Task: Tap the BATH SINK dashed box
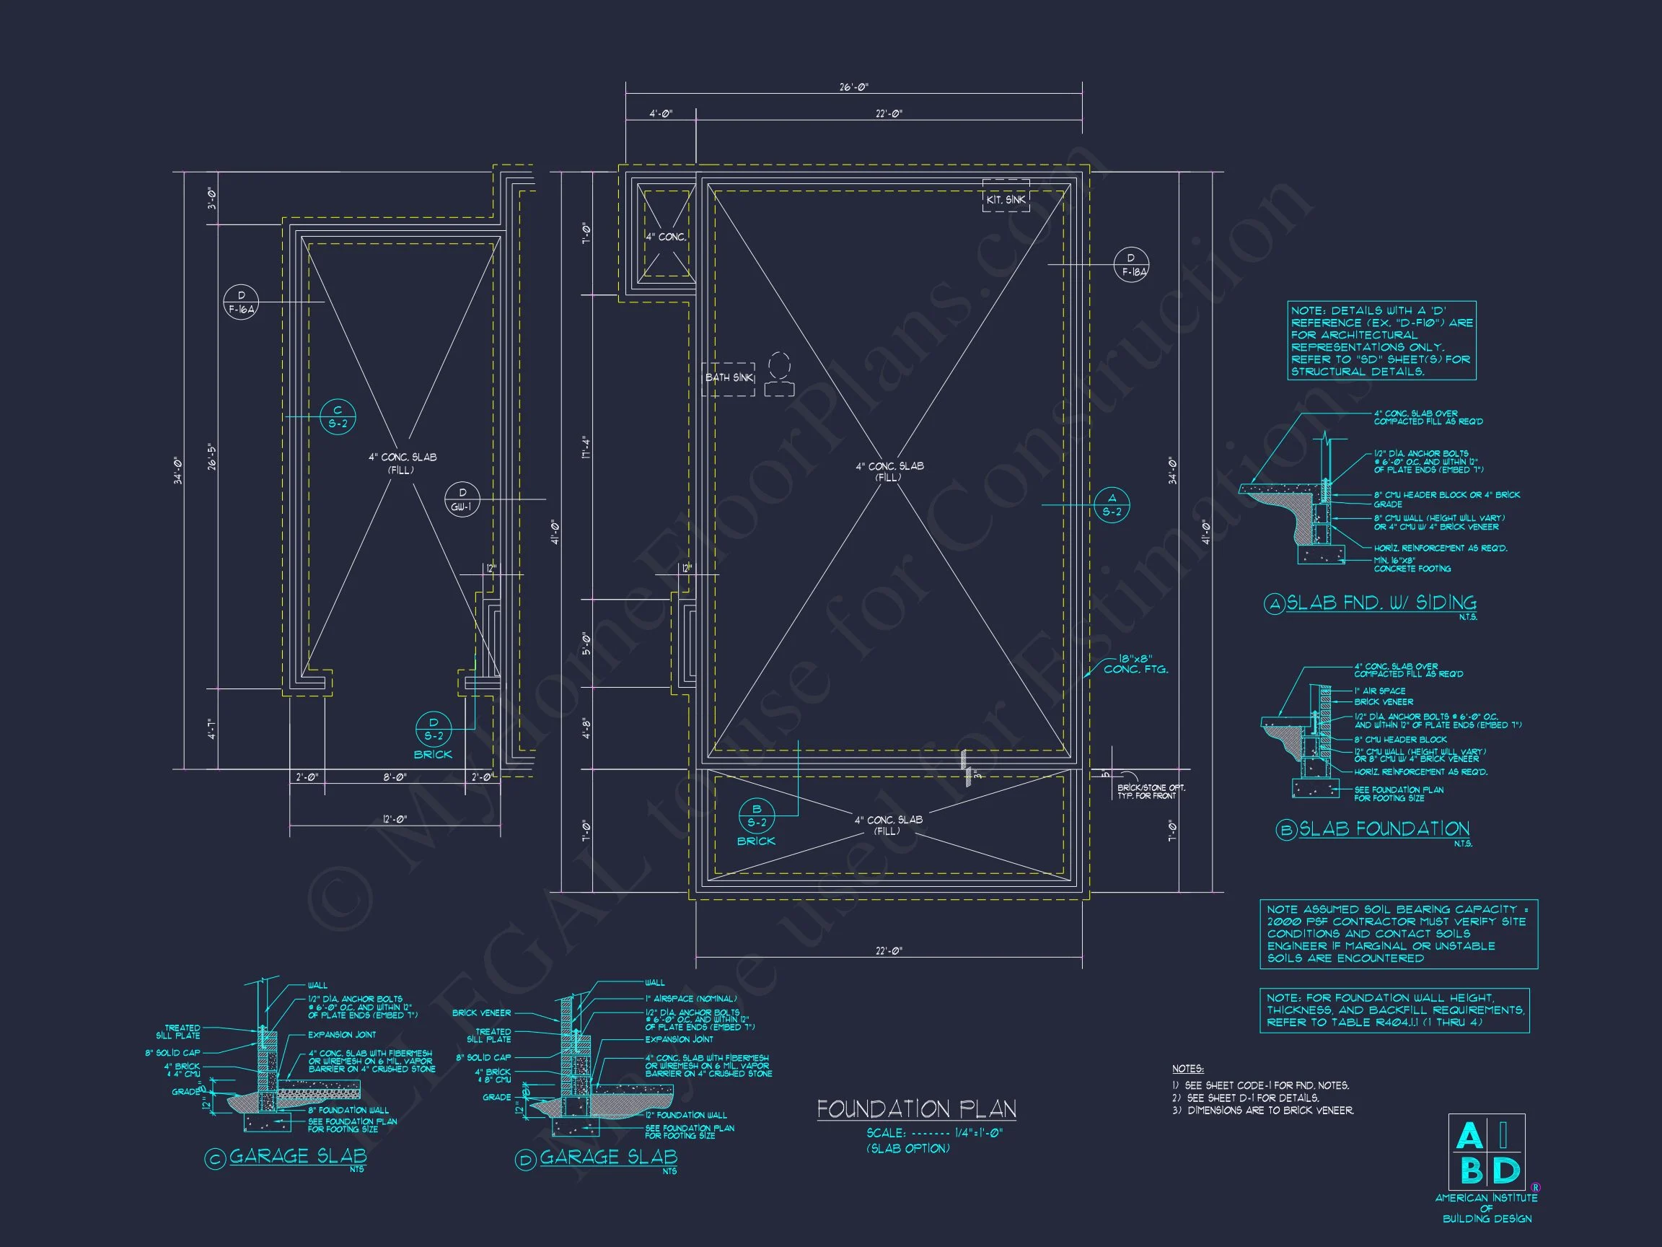point(728,378)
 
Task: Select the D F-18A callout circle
point(1131,266)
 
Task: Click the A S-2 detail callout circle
point(1112,504)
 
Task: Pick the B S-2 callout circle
point(757,815)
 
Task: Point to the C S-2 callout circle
point(338,416)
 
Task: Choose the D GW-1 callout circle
point(462,500)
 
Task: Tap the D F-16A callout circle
point(241,302)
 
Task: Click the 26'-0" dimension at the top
point(853,87)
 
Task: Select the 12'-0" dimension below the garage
point(395,819)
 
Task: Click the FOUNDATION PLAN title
point(917,1109)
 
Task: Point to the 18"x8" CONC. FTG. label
point(1135,663)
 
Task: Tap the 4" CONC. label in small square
point(666,237)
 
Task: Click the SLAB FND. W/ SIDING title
point(1381,603)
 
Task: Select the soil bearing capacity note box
point(1398,934)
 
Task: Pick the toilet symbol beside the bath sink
point(780,375)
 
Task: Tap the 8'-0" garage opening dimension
point(395,777)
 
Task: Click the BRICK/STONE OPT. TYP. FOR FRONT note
point(1151,792)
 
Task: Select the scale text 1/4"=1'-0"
point(979,1133)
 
